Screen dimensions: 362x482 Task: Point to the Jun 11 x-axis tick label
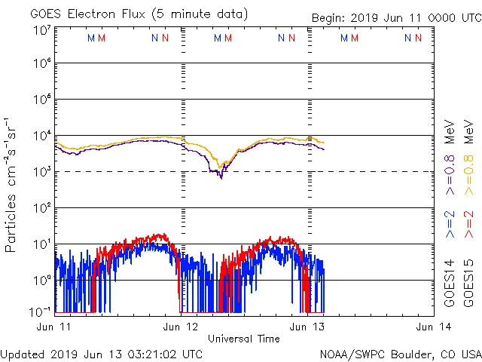tap(54, 327)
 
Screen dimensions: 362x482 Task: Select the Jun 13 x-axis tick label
tap(308, 327)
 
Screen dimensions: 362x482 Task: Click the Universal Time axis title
tap(243, 339)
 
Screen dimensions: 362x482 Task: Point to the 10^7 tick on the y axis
tap(42, 31)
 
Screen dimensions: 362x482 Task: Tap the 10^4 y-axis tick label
tap(42, 136)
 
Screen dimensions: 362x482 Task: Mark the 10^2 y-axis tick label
tap(42, 208)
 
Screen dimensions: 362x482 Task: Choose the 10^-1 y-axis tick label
tap(41, 311)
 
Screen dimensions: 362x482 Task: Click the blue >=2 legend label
tap(450, 225)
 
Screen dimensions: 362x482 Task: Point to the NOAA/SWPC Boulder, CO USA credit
tap(400, 354)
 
